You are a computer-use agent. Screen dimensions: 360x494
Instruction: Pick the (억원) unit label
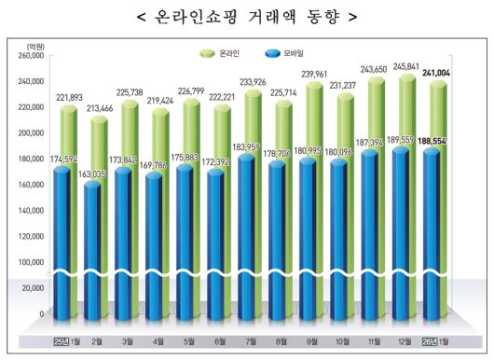pyautogui.click(x=34, y=44)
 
